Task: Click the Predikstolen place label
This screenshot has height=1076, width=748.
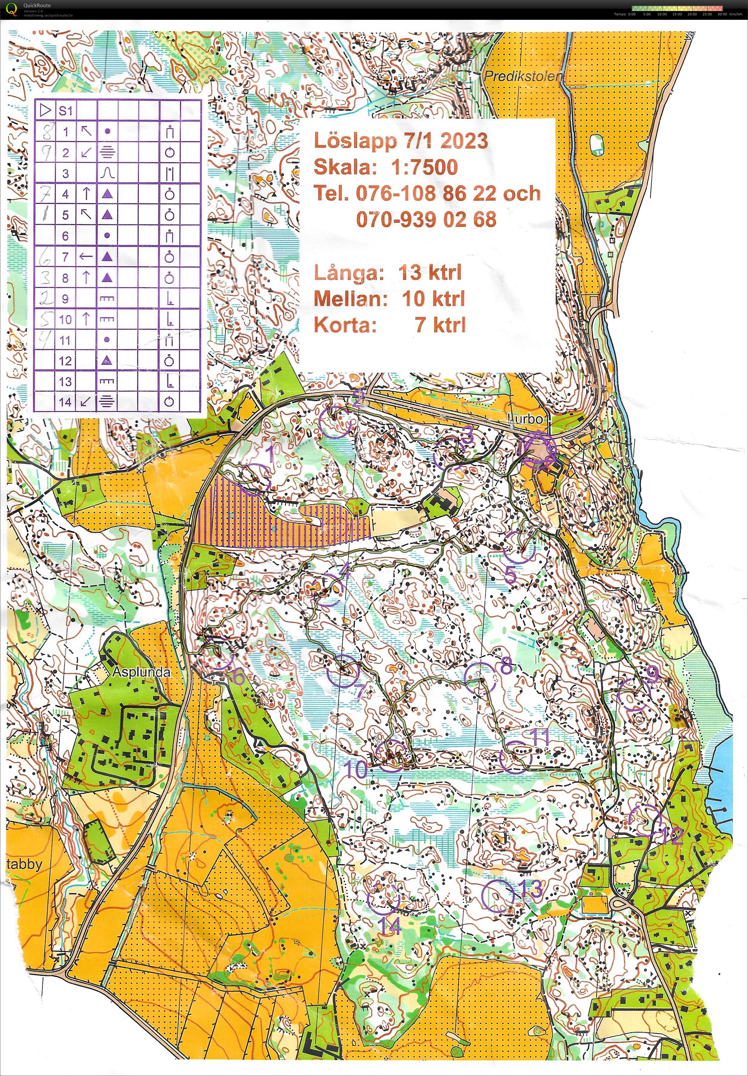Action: (x=523, y=76)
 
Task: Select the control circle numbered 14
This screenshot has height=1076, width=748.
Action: (x=383, y=899)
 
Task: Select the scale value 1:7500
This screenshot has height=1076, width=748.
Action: (x=425, y=167)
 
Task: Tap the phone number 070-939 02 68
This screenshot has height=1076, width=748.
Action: (x=426, y=219)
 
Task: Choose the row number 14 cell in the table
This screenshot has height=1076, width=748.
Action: (x=66, y=402)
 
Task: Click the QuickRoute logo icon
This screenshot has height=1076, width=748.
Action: (x=14, y=9)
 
